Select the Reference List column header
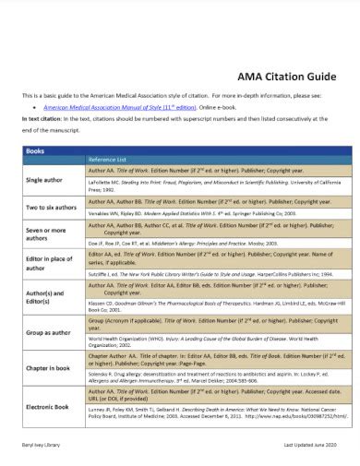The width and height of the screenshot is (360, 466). tap(108, 159)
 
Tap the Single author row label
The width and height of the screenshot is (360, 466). tap(44, 179)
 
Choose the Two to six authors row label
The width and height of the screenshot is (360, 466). tap(50, 208)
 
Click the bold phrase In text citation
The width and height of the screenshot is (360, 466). tap(42, 119)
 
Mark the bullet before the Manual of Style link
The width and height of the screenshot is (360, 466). tap(34, 106)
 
